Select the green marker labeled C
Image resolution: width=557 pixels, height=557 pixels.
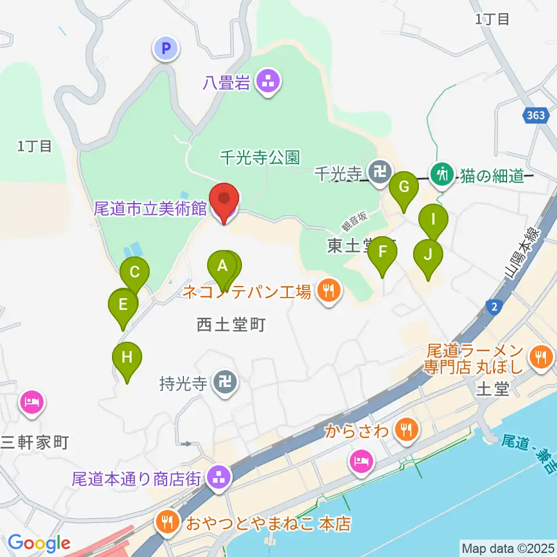[135, 272]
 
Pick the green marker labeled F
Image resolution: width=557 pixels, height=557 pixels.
[382, 252]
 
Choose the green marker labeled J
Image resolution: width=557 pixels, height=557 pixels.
[428, 254]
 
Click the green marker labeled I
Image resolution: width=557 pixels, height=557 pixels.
[433, 220]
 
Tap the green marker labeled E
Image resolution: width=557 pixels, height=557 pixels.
[123, 304]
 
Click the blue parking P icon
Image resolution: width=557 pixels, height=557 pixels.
[167, 49]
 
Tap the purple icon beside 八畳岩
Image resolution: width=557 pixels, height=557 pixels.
[267, 82]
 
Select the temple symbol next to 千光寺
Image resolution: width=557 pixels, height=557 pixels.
[380, 172]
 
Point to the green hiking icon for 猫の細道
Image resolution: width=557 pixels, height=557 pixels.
[443, 173]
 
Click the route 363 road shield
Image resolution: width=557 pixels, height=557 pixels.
[536, 115]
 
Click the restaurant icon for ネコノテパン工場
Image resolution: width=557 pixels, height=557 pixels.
[328, 290]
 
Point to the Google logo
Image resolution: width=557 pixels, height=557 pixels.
[39, 544]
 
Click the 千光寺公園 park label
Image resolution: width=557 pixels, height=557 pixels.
[259, 157]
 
